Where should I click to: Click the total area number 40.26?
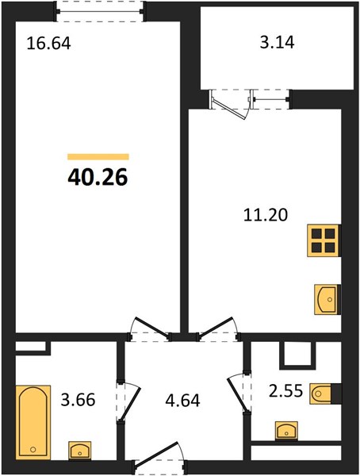coord(98,177)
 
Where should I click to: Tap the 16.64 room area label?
coord(49,43)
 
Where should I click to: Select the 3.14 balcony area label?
coord(277,42)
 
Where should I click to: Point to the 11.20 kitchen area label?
coord(266,215)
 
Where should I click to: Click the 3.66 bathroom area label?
coord(78,400)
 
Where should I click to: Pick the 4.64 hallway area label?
coord(182,401)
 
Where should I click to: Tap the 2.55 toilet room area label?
coord(285,390)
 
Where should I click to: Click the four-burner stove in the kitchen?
coord(324,240)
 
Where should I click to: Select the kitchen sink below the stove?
coord(327,299)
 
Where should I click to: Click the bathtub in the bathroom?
coord(33,422)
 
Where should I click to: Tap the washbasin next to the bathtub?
coord(79,450)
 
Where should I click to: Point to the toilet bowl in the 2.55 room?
coord(321,393)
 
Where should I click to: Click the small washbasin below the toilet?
coord(286,430)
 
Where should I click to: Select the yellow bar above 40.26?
coord(98,156)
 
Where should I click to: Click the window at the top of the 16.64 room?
coord(99,12)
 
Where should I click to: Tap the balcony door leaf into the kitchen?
coord(230,109)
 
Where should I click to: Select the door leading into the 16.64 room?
coord(151,327)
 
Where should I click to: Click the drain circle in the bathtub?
coord(33,449)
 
